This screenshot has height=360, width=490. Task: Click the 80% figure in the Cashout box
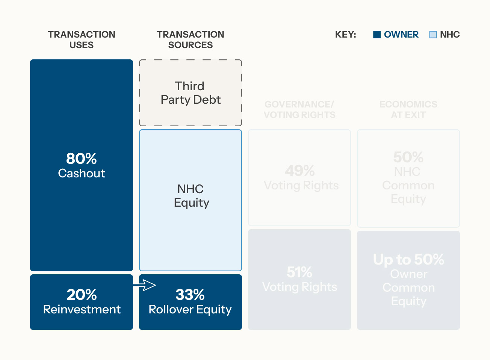click(82, 159)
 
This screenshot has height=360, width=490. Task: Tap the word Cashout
click(82, 173)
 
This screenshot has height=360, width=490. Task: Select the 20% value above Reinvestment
click(82, 295)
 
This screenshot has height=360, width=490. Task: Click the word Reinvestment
click(82, 309)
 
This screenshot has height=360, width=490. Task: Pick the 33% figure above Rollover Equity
click(190, 295)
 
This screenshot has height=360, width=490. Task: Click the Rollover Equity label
click(190, 309)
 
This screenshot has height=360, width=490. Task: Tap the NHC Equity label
click(191, 196)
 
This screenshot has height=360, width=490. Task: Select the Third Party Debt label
click(191, 93)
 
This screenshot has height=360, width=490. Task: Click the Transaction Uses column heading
click(82, 39)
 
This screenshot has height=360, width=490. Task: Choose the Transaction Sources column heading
click(191, 39)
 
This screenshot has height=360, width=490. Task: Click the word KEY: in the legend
click(345, 35)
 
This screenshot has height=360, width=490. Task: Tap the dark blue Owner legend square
click(377, 35)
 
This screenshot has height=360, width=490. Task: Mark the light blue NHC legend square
click(433, 35)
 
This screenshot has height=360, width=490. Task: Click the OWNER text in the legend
click(401, 35)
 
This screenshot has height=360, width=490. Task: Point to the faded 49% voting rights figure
click(299, 171)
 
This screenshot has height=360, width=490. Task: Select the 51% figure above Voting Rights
click(299, 272)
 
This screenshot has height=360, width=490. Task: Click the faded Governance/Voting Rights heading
click(299, 109)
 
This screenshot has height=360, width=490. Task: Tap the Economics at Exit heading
click(408, 109)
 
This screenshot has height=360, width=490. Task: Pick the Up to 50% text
click(408, 259)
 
